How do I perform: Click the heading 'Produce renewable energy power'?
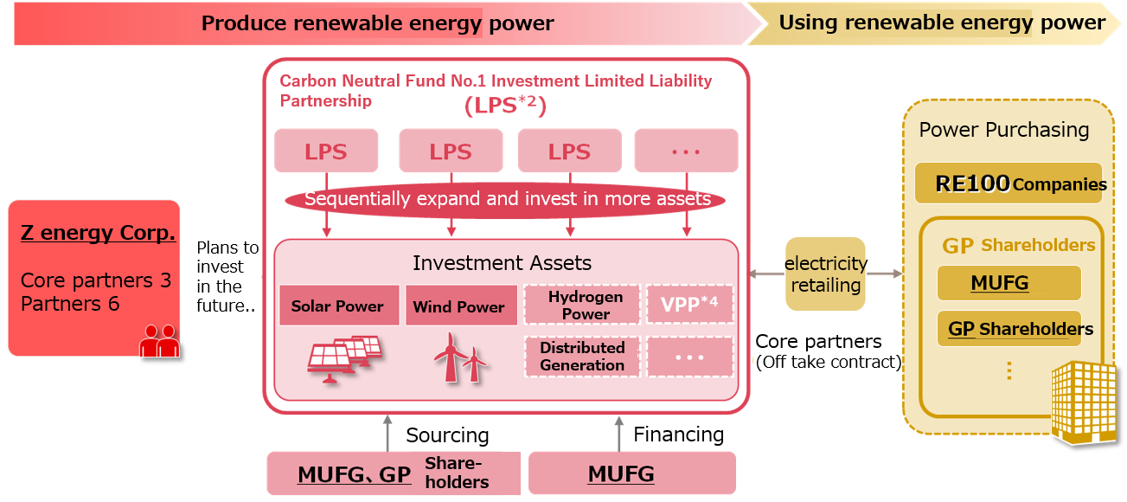tap(377, 23)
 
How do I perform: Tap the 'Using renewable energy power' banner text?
tap(941, 23)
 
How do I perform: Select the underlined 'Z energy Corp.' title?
tap(98, 234)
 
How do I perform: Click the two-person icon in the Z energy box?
tap(159, 340)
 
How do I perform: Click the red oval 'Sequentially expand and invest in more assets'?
tap(507, 199)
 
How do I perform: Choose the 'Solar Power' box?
tap(338, 306)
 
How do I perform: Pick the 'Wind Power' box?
tap(458, 306)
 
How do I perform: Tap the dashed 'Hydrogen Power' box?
tap(586, 306)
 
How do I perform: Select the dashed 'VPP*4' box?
tap(689, 305)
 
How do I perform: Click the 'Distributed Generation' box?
tap(582, 357)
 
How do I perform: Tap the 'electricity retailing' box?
tap(825, 274)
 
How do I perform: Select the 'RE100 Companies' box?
tap(1009, 183)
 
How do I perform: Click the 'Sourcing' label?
tap(448, 434)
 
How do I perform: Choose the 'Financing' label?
tap(679, 434)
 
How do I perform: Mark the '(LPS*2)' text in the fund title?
tap(506, 106)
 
